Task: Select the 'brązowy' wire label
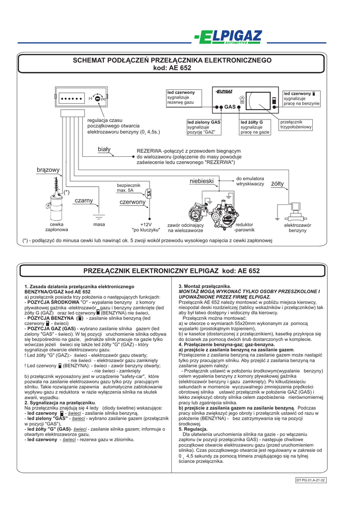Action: [x=48, y=170]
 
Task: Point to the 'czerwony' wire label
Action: [x=133, y=202]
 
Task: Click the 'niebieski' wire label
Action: [x=202, y=182]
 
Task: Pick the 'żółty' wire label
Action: [x=278, y=184]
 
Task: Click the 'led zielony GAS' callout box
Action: [x=204, y=127]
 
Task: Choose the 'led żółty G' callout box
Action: [x=255, y=127]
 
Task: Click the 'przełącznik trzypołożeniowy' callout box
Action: [x=296, y=125]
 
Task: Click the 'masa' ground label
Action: [x=99, y=225]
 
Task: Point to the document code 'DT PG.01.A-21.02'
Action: [x=310, y=480]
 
